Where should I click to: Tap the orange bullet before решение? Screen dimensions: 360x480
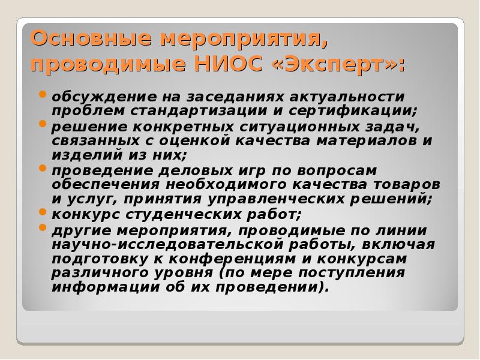coord(43,124)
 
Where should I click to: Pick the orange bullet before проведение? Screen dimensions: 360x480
coord(43,168)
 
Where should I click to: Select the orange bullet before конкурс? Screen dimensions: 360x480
coord(43,211)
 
